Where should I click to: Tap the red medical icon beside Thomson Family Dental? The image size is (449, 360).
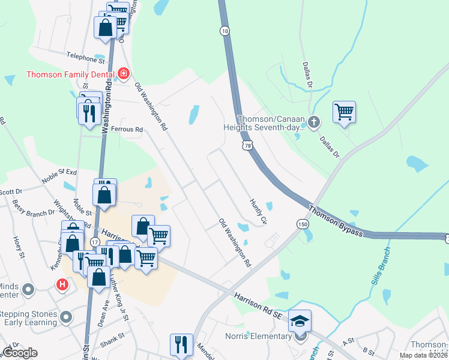click(124, 74)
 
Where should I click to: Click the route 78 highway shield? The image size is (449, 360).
click(248, 145)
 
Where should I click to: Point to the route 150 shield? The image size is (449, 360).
click(302, 223)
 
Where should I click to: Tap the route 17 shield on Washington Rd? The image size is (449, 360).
click(95, 241)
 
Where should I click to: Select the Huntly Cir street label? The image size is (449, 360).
click(258, 212)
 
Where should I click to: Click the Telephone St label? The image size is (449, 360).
click(82, 58)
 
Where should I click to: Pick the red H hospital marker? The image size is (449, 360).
click(62, 284)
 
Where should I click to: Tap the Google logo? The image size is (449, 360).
click(20, 353)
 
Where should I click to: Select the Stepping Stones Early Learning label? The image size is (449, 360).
click(29, 319)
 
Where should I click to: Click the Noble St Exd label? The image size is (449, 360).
click(59, 176)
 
